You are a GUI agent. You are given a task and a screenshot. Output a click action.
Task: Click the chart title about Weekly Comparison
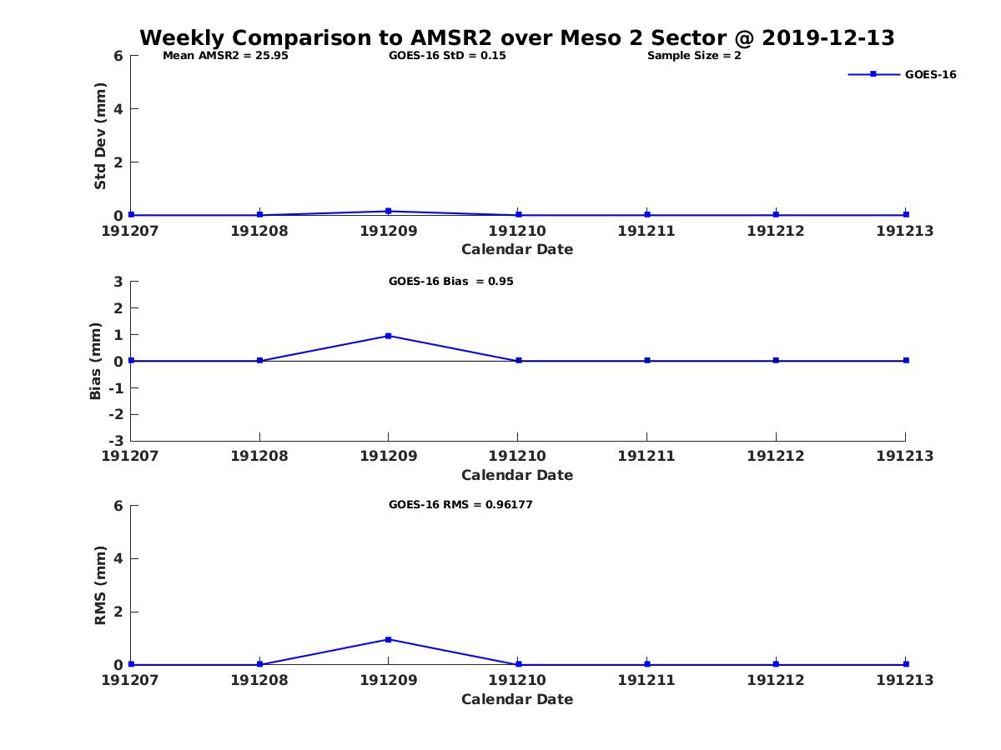tap(516, 38)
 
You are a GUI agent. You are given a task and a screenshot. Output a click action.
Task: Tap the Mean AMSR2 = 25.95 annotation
tap(225, 56)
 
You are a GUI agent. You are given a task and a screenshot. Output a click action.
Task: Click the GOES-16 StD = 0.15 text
tap(447, 56)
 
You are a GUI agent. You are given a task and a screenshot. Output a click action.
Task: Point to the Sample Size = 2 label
tap(694, 56)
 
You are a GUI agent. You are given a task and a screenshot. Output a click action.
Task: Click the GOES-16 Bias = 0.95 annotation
tap(450, 282)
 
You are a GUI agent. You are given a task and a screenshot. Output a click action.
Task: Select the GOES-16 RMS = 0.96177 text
tap(460, 504)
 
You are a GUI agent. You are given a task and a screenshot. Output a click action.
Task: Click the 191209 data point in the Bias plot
tap(389, 336)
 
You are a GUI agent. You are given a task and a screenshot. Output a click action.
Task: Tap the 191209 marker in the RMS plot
tap(389, 639)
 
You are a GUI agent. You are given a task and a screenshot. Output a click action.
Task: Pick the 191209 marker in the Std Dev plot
tap(389, 211)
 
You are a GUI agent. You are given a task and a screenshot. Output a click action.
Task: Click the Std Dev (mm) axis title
tap(100, 136)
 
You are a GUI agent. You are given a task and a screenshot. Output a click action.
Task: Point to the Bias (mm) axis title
tap(96, 361)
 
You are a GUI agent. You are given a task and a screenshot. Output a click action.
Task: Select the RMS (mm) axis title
tap(100, 585)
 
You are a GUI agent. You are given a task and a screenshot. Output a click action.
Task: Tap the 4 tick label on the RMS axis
tap(118, 558)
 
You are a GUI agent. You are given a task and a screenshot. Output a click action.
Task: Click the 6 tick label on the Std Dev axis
tap(118, 56)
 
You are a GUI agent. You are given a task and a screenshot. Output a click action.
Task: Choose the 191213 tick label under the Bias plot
tap(904, 456)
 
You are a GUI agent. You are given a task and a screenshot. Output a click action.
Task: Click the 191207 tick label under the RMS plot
tap(130, 680)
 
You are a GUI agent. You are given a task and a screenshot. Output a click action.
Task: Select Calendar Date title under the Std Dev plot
tap(517, 249)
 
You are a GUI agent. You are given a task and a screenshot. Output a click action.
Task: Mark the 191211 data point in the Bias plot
tap(647, 361)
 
